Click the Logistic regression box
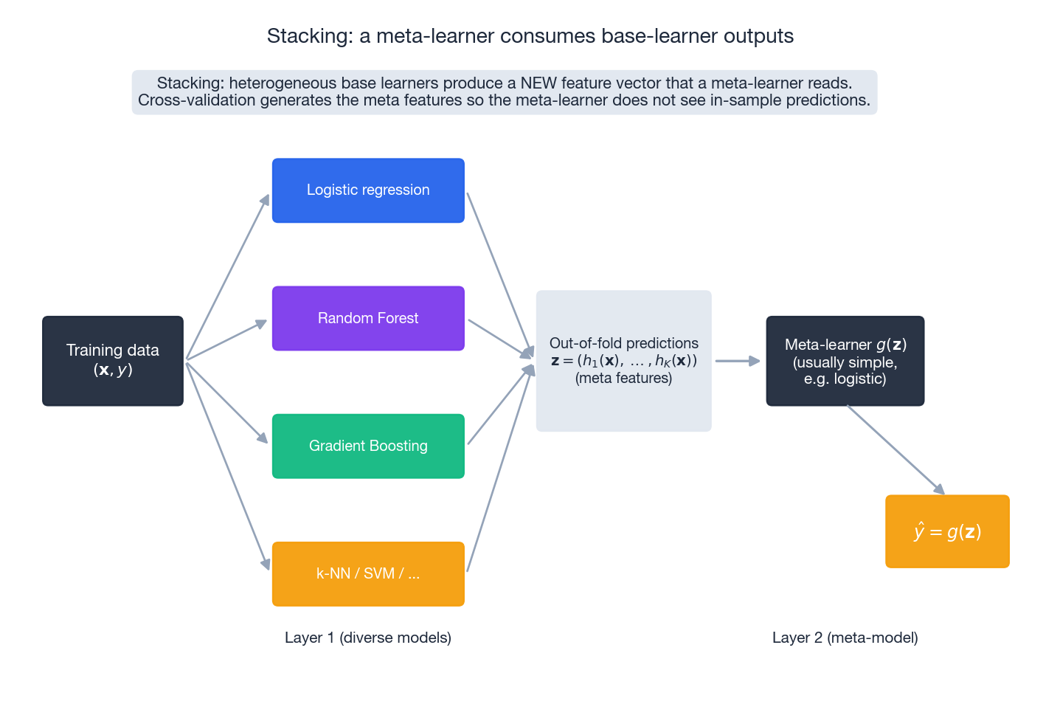coord(368,190)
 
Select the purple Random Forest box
coord(368,318)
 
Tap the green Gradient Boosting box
coord(368,446)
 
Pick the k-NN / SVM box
coord(368,573)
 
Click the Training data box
coord(113,361)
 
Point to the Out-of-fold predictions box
coord(623,361)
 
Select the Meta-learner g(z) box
coord(845,361)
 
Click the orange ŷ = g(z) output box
coord(947,531)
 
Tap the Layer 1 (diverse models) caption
coord(368,638)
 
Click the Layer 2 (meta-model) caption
coord(845,638)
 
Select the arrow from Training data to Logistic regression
coord(227,277)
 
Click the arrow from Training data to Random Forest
coord(226,340)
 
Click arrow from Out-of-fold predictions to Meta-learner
coord(737,361)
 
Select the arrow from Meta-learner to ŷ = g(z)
coord(896,449)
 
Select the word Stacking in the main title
coord(309,36)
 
